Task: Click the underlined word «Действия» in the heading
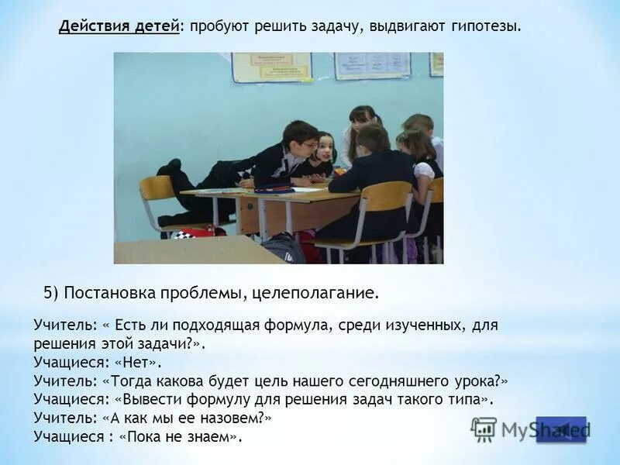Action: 90,26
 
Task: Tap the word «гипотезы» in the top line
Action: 484,26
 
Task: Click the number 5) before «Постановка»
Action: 51,293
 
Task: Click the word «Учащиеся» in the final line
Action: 68,437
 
